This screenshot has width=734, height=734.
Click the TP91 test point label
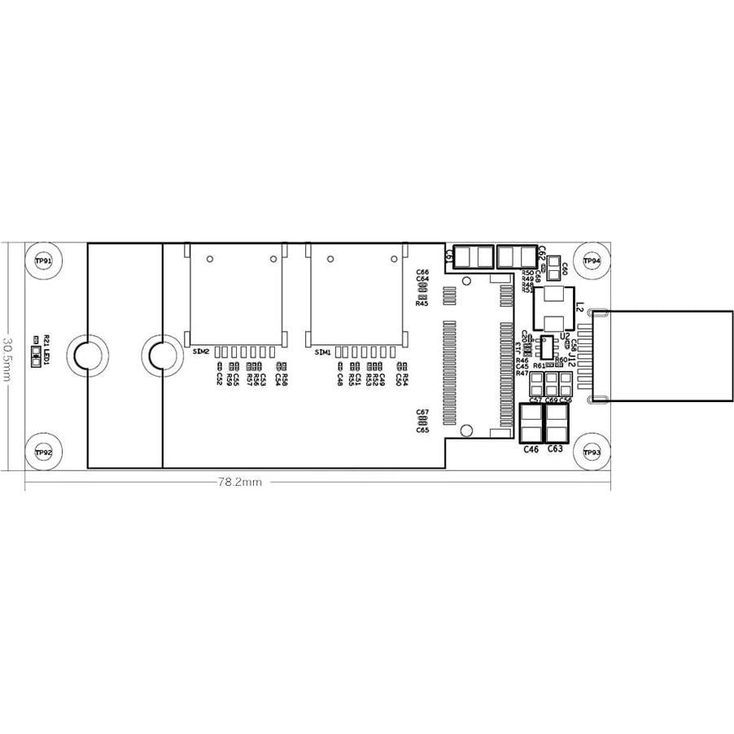pos(44,261)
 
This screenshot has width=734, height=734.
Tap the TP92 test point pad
pos(44,452)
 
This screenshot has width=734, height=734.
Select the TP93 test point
pos(592,452)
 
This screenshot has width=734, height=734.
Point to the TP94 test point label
pos(592,261)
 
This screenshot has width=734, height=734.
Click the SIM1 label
pos(322,352)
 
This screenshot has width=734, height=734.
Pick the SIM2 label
pos(201,352)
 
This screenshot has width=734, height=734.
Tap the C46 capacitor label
pos(531,448)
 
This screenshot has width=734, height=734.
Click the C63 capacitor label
pos(556,448)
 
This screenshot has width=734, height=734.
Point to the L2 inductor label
pos(579,309)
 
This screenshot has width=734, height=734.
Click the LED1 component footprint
pos(35,356)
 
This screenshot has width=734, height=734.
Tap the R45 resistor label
pos(422,304)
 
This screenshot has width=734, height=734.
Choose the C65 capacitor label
pos(422,430)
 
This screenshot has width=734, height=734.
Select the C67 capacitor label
pos(422,413)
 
